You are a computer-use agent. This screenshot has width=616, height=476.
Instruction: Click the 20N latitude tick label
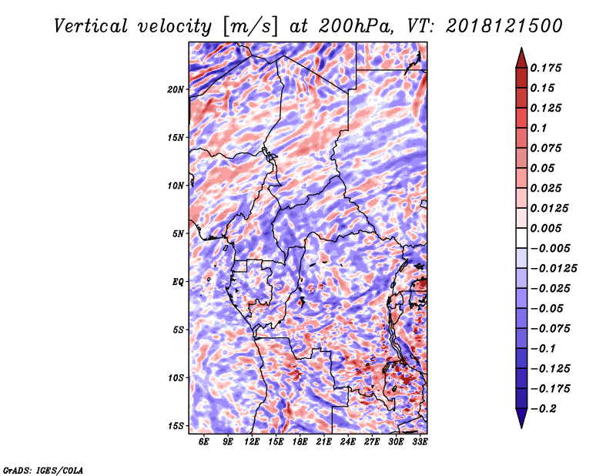point(176,89)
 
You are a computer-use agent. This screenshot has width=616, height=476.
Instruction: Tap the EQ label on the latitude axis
point(178,282)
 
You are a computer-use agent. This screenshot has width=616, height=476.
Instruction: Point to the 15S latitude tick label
point(176,426)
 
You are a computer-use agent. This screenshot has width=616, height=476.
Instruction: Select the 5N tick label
point(178,234)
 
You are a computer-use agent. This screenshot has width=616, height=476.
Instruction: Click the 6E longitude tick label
point(203,441)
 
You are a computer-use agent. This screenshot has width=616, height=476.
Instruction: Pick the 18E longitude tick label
point(300,441)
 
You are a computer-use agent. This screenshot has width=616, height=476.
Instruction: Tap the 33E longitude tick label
point(420,441)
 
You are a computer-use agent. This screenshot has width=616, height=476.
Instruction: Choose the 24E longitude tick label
point(348,441)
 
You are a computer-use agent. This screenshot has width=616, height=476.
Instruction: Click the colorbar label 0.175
point(546,68)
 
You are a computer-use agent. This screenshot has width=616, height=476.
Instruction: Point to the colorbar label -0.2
point(544,409)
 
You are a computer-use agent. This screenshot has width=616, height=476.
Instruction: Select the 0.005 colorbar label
point(546,228)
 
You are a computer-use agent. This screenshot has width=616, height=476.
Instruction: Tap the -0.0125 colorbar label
point(554,269)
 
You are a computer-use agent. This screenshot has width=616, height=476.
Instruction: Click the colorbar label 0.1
point(538,128)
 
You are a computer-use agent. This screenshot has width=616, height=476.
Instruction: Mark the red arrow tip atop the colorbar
point(521,48)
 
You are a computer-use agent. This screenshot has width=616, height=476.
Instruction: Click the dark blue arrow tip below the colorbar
point(521,427)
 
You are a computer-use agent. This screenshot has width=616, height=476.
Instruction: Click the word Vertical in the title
point(91,26)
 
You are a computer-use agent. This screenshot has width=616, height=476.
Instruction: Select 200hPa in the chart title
point(356,26)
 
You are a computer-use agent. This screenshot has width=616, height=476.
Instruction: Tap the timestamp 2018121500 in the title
point(504,26)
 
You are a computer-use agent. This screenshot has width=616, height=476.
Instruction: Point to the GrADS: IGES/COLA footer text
point(43,470)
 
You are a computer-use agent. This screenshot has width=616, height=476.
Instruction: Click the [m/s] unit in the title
point(251,26)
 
